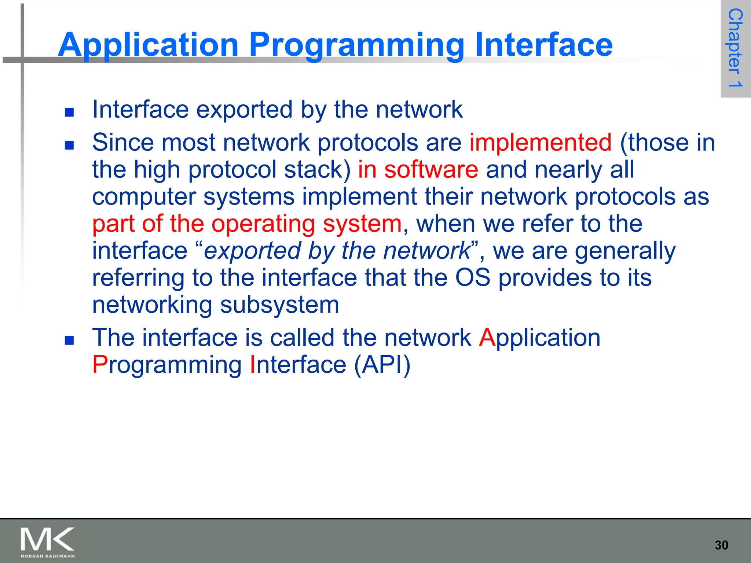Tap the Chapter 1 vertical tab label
(x=735, y=48)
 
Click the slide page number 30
(x=721, y=545)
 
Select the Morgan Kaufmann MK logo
(x=47, y=542)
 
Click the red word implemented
(x=540, y=143)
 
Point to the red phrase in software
(x=418, y=170)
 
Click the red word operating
(x=263, y=224)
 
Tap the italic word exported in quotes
(x=252, y=251)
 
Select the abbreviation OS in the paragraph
(x=472, y=277)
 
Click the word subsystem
(x=279, y=305)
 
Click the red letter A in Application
(x=487, y=338)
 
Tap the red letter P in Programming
(x=99, y=365)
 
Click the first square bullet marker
(x=69, y=112)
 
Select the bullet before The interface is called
(x=69, y=341)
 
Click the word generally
(x=625, y=251)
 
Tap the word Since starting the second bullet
(x=123, y=143)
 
